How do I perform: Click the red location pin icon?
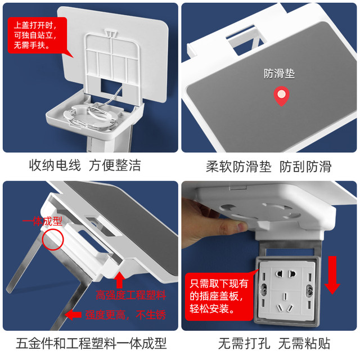tap(280, 97)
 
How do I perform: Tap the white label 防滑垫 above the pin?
tap(280, 74)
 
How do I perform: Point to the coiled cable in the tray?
tap(93, 118)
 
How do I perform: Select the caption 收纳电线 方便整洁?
tap(85, 166)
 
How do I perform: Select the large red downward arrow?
tap(332, 274)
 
